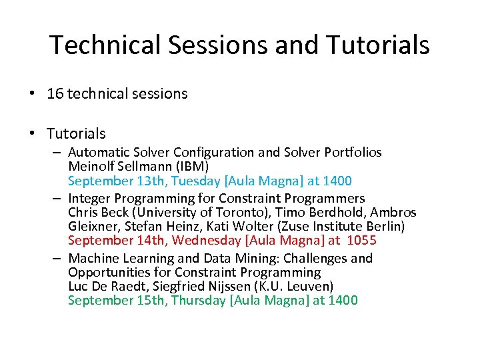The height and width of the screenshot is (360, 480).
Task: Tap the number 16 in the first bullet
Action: [55, 94]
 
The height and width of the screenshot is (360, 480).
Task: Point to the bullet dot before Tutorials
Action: [33, 133]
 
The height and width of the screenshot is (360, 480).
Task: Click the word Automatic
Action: [97, 153]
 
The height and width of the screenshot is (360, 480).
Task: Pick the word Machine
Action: [93, 259]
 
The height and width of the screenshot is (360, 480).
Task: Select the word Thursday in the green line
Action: [198, 301]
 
